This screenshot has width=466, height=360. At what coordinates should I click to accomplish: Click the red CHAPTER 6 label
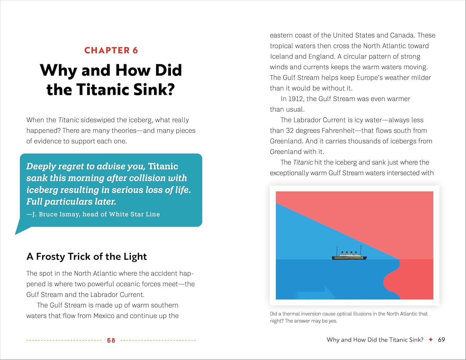[111, 50]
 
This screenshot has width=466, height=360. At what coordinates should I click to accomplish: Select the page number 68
[111, 340]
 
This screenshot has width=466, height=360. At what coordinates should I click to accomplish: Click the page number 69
[441, 340]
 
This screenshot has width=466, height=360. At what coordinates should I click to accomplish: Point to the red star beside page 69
[431, 339]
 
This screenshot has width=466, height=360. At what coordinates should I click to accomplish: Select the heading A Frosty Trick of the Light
[86, 257]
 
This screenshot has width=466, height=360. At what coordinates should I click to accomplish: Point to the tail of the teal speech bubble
[21, 230]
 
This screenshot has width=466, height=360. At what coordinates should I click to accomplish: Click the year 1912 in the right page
[295, 99]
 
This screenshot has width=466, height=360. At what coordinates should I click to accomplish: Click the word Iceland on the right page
[281, 57]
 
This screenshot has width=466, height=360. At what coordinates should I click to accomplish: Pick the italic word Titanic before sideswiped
[69, 120]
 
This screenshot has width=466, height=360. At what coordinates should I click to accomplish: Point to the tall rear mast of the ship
[361, 250]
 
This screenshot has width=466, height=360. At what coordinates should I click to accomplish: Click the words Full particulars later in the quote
[71, 202]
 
